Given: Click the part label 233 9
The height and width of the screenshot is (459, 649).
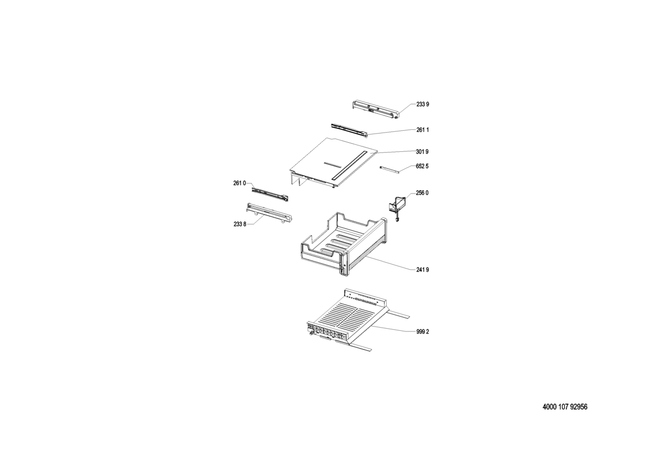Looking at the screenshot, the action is pos(423,104).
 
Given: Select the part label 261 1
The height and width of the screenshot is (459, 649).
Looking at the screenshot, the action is pos(423,130).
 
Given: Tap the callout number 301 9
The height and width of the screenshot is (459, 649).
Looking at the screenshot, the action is pos(422,152).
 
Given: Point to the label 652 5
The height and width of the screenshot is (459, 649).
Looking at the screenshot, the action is pos(422,166).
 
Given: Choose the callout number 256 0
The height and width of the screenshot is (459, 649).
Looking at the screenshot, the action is pos(422,193).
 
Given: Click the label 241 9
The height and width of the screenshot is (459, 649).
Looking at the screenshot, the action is pos(422,270).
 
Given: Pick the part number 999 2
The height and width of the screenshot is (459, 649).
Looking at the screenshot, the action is pos(423,332).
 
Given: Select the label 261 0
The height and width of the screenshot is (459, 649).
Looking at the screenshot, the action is pos(240,183).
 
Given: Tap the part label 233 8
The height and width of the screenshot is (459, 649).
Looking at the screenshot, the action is pos(240,224).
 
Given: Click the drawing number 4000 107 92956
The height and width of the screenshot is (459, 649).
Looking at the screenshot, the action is pos(565,407).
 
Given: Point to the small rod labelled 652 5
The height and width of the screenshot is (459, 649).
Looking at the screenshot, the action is pos(389,169).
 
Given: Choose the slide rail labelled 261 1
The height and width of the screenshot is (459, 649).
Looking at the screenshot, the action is pos(349,130).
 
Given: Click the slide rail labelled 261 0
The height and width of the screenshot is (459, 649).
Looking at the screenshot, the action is pos(270,194).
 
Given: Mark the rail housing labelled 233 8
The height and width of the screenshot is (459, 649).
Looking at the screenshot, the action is pos(269,213).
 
